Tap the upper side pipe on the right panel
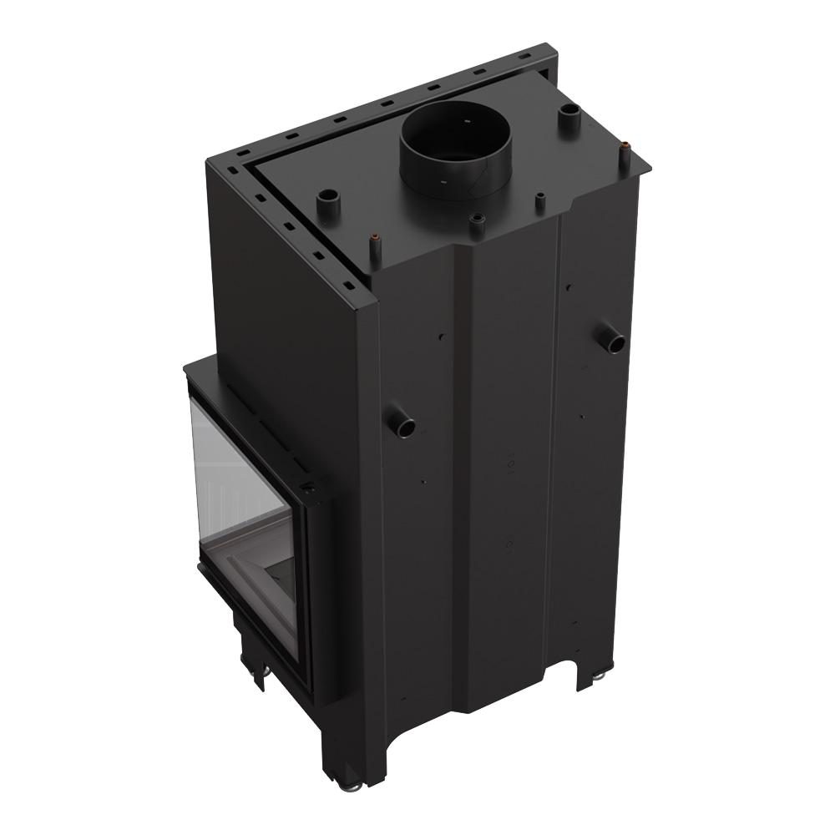pos(611,338)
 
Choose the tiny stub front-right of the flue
pos(540,200)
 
